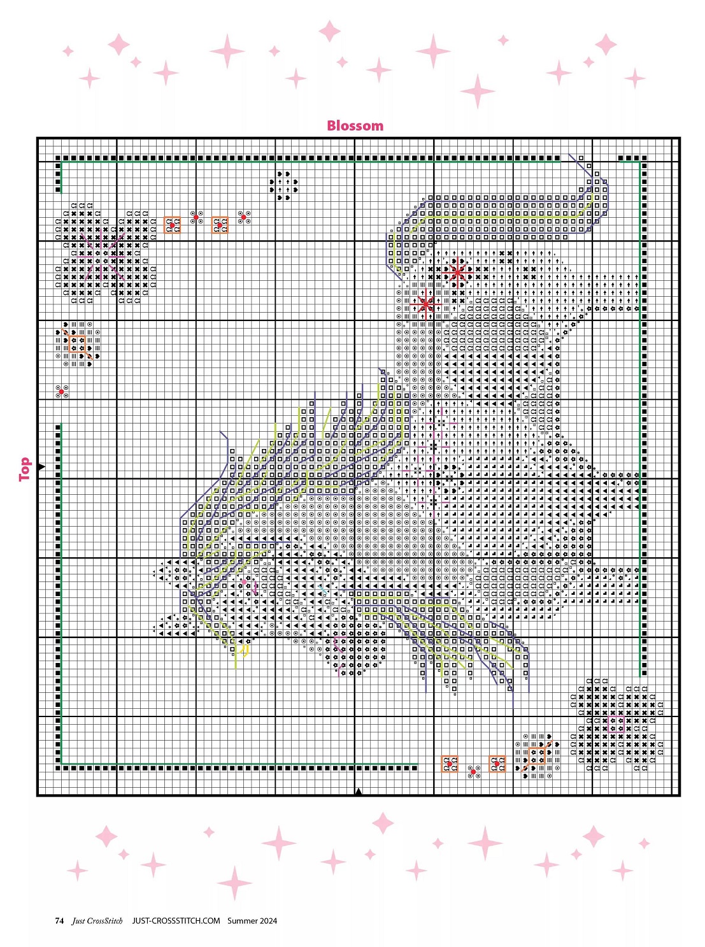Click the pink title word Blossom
click(x=355, y=125)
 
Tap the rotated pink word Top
click(x=25, y=469)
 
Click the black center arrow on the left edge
click(x=41, y=467)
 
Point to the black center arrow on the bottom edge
click(x=359, y=792)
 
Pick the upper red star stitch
click(x=457, y=272)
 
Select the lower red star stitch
click(x=425, y=304)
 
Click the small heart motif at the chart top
click(x=283, y=186)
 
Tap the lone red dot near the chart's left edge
click(x=61, y=392)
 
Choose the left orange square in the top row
click(x=172, y=225)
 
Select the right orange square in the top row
click(x=220, y=225)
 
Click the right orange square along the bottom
click(x=497, y=764)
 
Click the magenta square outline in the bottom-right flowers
click(x=616, y=725)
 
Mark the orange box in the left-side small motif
click(x=77, y=344)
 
